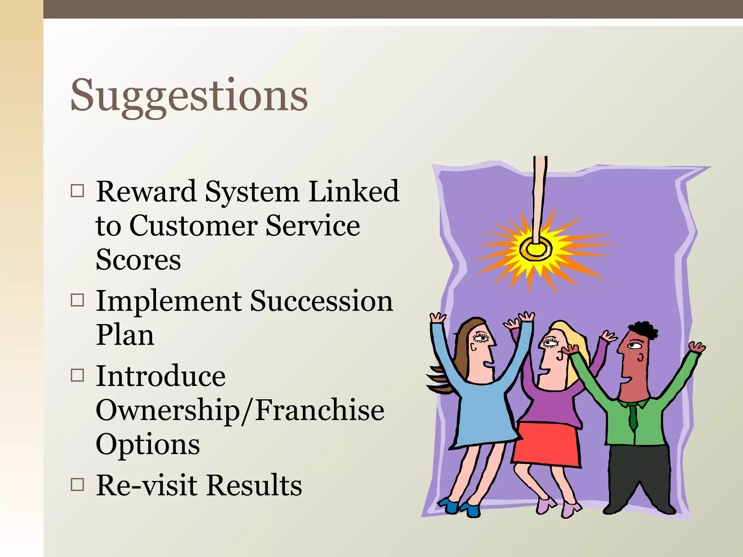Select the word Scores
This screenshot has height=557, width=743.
click(x=138, y=260)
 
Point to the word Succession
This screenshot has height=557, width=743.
click(x=321, y=301)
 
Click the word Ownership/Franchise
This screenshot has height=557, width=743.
click(x=240, y=410)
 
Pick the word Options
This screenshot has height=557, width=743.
click(x=148, y=444)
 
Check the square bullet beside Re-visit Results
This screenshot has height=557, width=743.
click(x=77, y=484)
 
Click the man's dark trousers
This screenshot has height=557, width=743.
click(x=639, y=475)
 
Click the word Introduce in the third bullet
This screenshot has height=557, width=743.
click(x=160, y=376)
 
